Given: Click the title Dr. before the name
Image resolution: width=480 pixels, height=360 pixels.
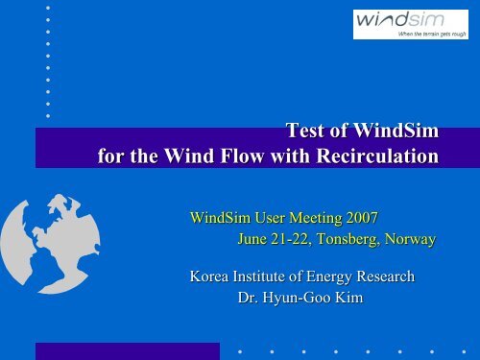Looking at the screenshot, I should coord(248,299).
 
